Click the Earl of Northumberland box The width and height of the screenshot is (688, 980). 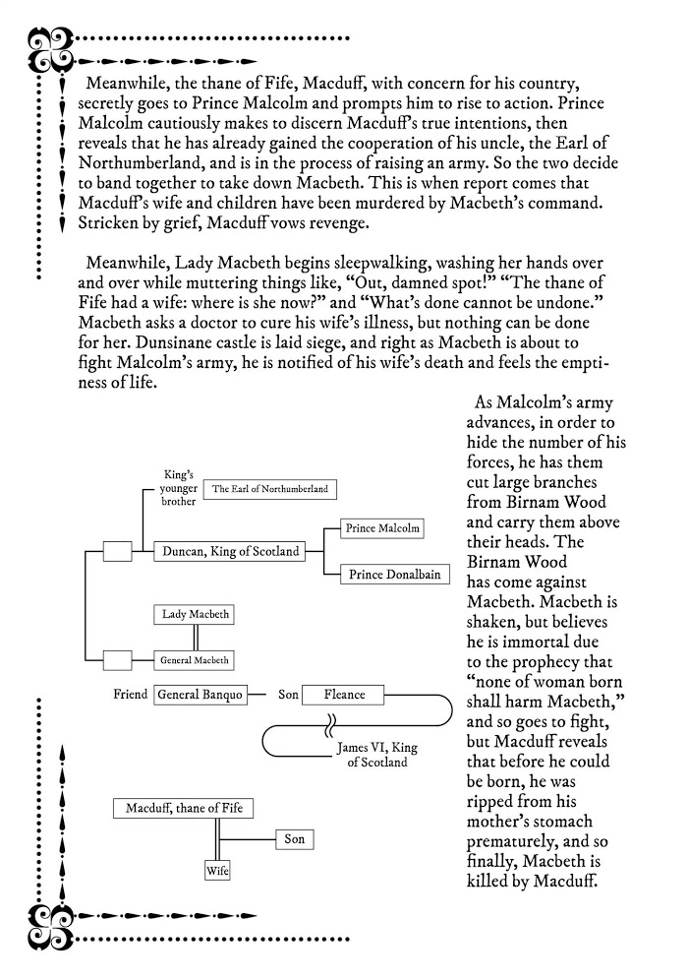tap(270, 488)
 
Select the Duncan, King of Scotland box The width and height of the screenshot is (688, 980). tap(227, 552)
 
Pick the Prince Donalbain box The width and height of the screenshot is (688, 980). tap(389, 575)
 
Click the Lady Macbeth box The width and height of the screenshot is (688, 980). tap(196, 615)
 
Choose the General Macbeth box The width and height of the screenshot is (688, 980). tap(196, 660)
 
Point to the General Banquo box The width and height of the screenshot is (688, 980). tap(200, 695)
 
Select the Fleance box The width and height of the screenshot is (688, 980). tap(344, 695)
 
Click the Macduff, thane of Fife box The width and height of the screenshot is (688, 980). tap(184, 809)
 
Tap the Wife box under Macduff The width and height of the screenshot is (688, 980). tap(216, 871)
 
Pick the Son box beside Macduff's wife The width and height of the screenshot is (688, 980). tap(294, 839)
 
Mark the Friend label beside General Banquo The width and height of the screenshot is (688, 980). tap(131, 695)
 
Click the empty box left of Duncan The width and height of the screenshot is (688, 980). tap(117, 552)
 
